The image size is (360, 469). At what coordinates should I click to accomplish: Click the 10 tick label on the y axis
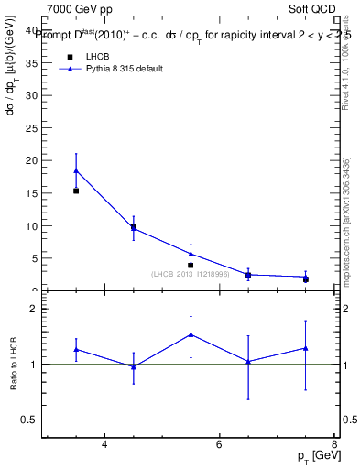click(31, 225)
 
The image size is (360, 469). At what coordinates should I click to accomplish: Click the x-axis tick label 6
click(219, 445)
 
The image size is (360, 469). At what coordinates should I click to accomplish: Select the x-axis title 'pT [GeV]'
click(314, 455)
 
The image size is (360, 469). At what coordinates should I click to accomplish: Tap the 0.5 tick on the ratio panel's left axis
click(28, 420)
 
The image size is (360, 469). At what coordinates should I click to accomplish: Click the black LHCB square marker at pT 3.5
click(76, 191)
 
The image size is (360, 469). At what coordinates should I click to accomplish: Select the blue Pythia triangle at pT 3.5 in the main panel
click(76, 170)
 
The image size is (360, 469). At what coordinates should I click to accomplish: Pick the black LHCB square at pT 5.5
click(191, 266)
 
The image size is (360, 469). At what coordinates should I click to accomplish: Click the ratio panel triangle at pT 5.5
click(191, 334)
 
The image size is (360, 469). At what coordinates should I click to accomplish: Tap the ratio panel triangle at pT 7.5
click(305, 348)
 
